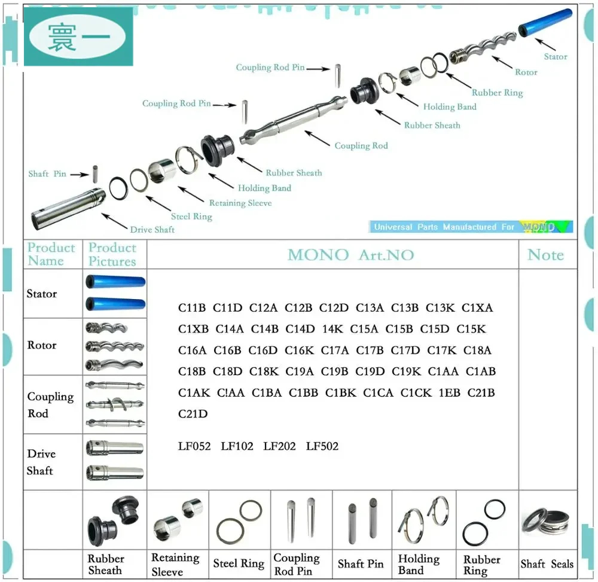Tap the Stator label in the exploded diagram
[555, 57]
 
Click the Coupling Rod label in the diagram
[361, 146]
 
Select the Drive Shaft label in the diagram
[152, 230]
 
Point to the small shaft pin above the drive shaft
[94, 172]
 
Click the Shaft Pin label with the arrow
[47, 174]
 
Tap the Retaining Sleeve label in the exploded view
[240, 203]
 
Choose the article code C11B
[192, 308]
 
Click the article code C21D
[193, 414]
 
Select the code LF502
[322, 446]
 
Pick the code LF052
[194, 446]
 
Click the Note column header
[545, 255]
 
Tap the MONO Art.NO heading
[350, 255]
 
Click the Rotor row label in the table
[42, 345]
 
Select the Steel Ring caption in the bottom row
[239, 563]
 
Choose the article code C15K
[471, 329]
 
